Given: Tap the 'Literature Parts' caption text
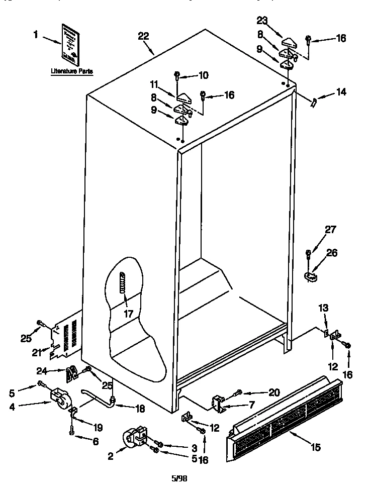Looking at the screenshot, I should click(71, 71).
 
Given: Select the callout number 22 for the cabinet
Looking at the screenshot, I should click(143, 36).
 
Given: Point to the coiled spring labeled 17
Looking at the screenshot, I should click(122, 284).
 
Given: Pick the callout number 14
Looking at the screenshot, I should click(341, 92).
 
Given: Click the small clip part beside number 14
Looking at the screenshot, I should click(314, 103).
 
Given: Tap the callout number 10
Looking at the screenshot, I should click(203, 75).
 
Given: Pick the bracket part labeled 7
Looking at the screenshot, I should click(218, 402).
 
